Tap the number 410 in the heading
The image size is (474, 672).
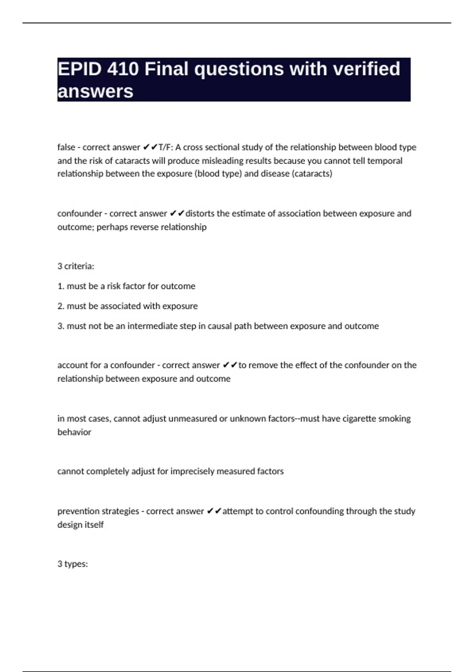click(x=123, y=69)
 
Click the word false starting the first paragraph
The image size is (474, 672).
click(x=66, y=147)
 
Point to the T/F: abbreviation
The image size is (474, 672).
click(x=166, y=147)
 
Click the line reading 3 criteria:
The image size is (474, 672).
click(x=76, y=266)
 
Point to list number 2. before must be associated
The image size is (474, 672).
click(x=61, y=306)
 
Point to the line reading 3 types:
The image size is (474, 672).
click(x=73, y=564)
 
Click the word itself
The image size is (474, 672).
click(x=94, y=525)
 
